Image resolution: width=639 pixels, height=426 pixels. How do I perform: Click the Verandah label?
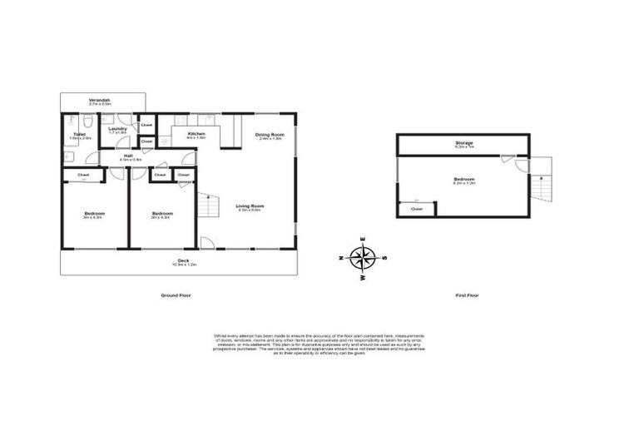(x=100, y=102)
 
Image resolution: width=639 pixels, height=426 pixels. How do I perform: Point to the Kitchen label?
(x=196, y=135)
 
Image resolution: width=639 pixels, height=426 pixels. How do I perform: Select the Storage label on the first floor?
(x=463, y=144)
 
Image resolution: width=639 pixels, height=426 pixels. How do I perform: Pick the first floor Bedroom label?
(x=463, y=180)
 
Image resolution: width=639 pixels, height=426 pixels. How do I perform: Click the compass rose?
(x=364, y=258)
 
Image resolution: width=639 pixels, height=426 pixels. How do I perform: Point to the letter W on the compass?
(x=364, y=277)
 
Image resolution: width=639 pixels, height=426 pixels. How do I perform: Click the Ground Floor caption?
(x=173, y=295)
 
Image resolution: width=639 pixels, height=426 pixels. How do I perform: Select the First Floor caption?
(x=467, y=295)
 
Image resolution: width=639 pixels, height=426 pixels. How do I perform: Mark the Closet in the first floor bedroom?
(x=416, y=210)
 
